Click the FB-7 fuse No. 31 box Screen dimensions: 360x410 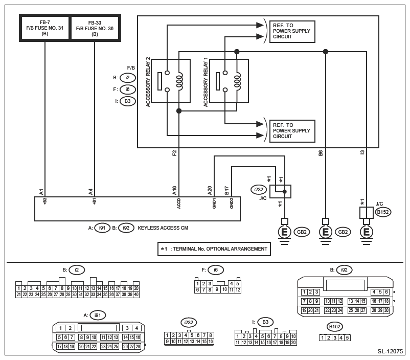click(44, 28)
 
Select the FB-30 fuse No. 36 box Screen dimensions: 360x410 click(95, 28)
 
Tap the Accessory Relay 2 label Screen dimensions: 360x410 click(148, 82)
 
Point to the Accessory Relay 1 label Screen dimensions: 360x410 click(206, 82)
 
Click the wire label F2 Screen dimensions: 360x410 click(175, 152)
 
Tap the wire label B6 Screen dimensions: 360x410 click(321, 152)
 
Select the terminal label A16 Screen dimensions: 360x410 click(175, 190)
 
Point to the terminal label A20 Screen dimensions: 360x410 click(210, 190)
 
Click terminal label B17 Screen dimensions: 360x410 click(226, 190)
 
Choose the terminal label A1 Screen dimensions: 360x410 click(41, 191)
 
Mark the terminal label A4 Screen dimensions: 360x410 click(90, 191)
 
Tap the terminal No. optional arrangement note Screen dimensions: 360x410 click(215, 249)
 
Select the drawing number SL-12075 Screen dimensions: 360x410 click(390, 352)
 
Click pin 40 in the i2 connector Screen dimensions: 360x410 click(136, 294)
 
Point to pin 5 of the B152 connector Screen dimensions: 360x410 click(348, 337)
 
